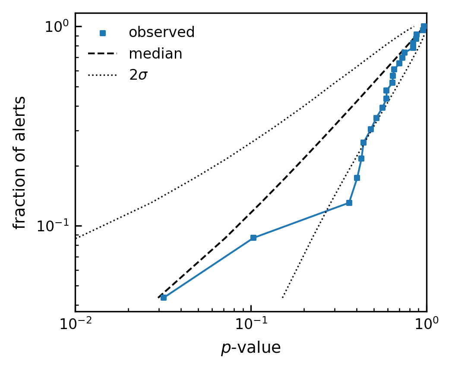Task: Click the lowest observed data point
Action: [164, 298]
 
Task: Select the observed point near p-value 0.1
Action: [253, 238]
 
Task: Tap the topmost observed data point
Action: [424, 27]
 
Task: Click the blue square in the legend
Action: [103, 33]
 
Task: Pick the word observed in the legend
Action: [162, 32]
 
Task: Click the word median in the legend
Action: [156, 54]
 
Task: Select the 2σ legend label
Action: [139, 75]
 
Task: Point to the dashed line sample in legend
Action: [103, 53]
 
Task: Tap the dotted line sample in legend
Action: [103, 75]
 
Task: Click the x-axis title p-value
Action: [251, 348]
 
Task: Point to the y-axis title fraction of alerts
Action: [19, 162]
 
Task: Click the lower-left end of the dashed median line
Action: [158, 298]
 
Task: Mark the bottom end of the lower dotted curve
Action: [282, 298]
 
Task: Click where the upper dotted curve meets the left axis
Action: [76, 238]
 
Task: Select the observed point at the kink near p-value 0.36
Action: [349, 203]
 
